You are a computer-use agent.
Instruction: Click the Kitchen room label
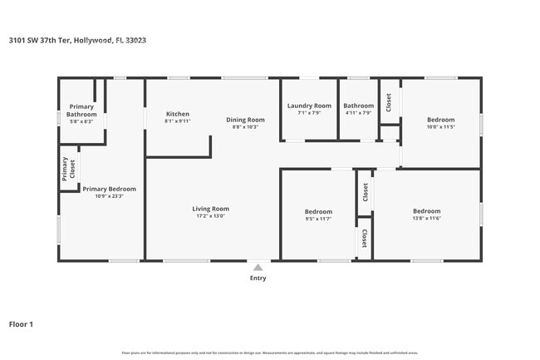click(x=178, y=114)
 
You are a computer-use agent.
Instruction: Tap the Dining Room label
click(x=245, y=120)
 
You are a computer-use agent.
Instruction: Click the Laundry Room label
click(x=309, y=106)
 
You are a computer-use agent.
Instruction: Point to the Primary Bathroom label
click(x=81, y=110)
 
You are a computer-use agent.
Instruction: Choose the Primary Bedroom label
click(x=109, y=189)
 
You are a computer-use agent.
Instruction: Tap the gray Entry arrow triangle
click(x=258, y=267)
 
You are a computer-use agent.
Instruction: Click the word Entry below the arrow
click(x=258, y=279)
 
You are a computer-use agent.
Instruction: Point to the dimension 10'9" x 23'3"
click(x=109, y=196)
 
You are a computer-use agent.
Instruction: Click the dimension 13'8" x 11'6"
click(x=426, y=218)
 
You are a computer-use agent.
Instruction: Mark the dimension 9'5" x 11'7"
click(x=318, y=219)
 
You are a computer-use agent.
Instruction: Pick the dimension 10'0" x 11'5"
click(x=441, y=127)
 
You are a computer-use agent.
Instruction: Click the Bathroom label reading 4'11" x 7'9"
click(x=359, y=113)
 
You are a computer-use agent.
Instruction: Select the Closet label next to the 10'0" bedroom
click(x=389, y=101)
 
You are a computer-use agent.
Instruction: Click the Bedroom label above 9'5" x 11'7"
click(x=318, y=211)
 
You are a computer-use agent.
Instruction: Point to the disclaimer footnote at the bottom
click(x=269, y=353)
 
